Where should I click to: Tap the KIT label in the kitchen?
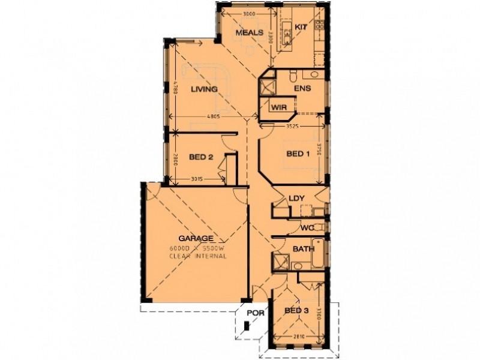pos(301,28)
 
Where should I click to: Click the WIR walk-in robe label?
pos(278,108)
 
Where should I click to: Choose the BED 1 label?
pos(298,154)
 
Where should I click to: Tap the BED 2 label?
pos(201,158)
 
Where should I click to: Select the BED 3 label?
pos(296,310)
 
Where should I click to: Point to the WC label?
pos(307,228)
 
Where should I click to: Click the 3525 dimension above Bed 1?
pos(292,127)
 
